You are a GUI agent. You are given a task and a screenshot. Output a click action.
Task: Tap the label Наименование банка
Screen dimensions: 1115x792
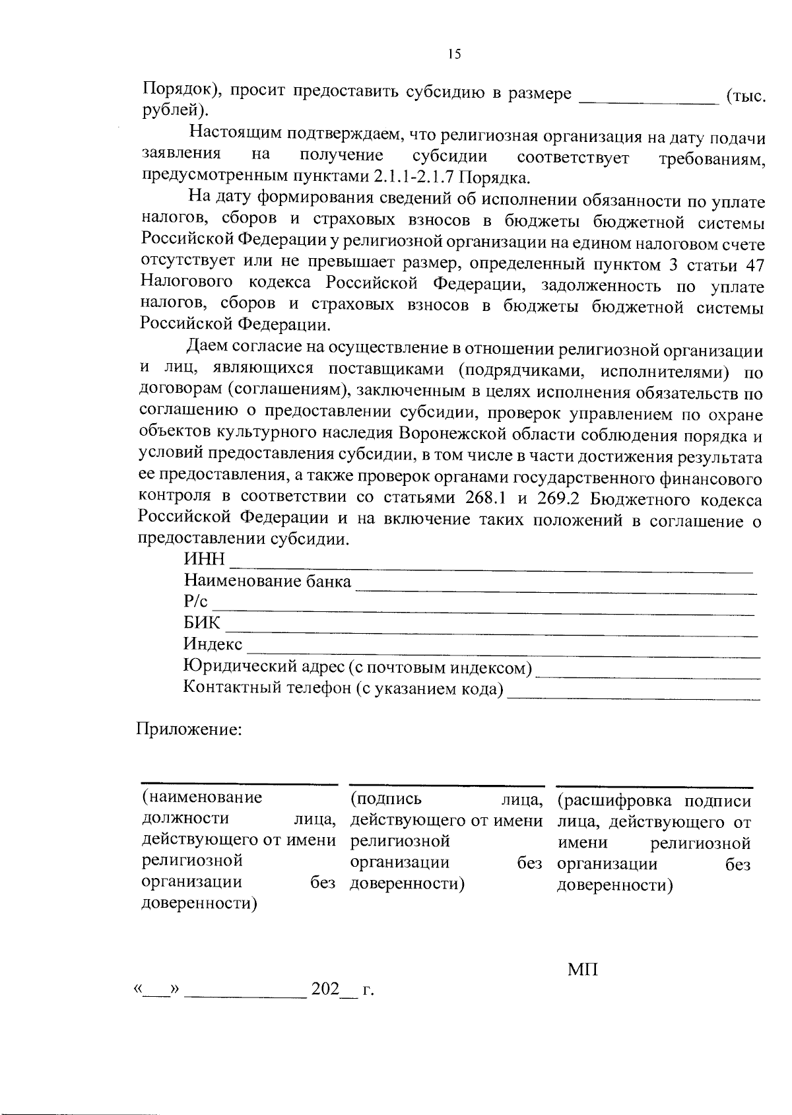(x=267, y=581)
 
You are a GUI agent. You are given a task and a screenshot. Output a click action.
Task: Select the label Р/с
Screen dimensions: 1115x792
(x=195, y=601)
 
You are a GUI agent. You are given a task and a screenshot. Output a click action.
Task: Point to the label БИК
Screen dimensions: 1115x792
(x=202, y=623)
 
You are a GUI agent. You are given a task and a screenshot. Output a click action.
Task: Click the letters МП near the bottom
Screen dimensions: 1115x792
(x=582, y=970)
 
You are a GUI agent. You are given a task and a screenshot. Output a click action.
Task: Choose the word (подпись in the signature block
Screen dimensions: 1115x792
(x=386, y=799)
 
